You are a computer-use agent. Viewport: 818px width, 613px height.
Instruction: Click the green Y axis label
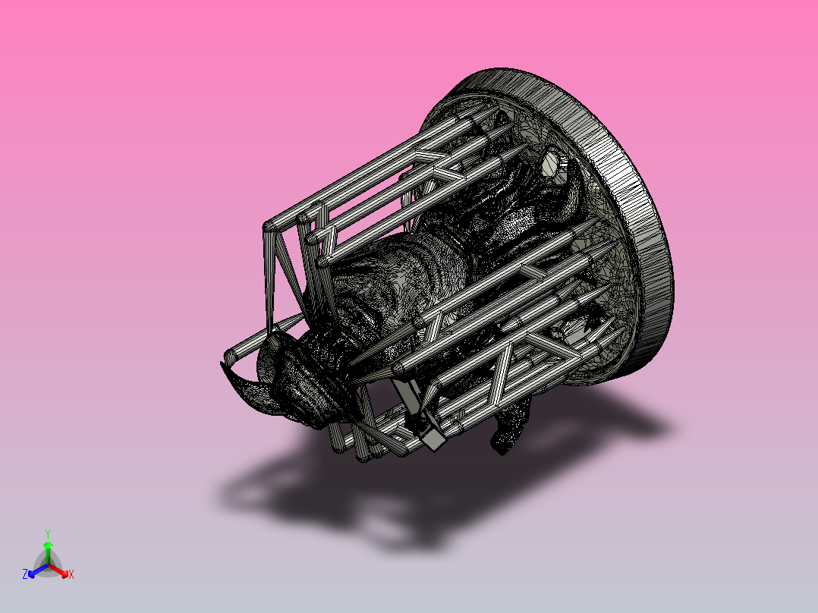pyautogui.click(x=48, y=533)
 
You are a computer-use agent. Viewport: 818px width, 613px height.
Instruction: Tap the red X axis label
pyautogui.click(x=71, y=575)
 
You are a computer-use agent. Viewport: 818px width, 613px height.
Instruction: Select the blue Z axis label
pyautogui.click(x=25, y=575)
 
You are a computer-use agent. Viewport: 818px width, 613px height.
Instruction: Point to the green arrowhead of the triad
pyautogui.click(x=48, y=545)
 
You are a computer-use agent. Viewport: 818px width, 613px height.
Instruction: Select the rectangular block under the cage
pyautogui.click(x=432, y=439)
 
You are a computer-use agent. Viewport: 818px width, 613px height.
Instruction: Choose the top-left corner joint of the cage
pyautogui.click(x=269, y=226)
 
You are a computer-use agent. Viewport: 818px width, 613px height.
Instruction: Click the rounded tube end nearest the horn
pyautogui.click(x=231, y=354)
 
